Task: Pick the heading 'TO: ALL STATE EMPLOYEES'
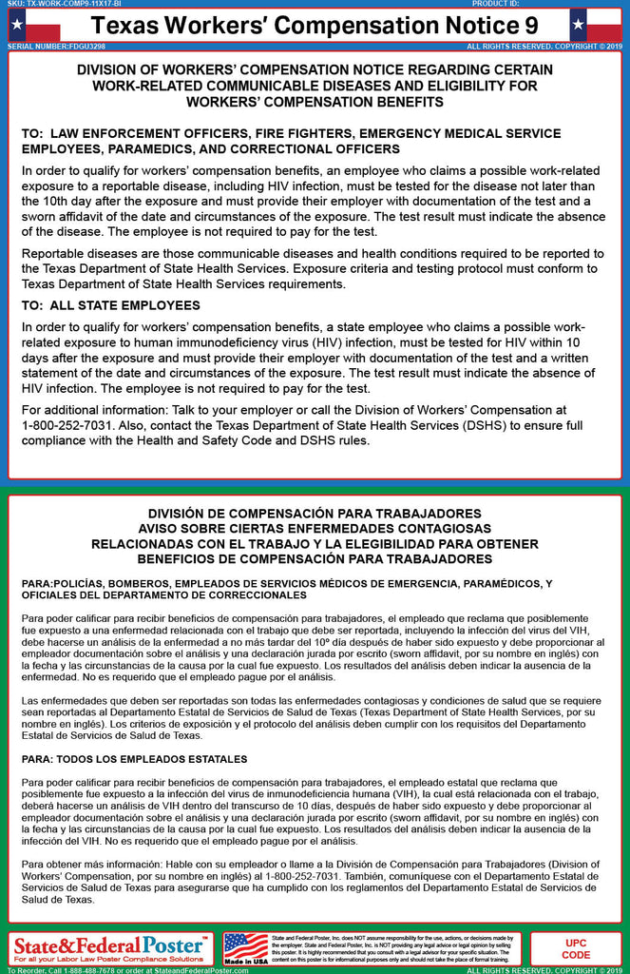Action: [x=111, y=305]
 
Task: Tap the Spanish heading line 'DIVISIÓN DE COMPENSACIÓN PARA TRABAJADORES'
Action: [x=315, y=514]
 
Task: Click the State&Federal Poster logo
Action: [x=109, y=946]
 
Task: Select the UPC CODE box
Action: [x=576, y=948]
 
